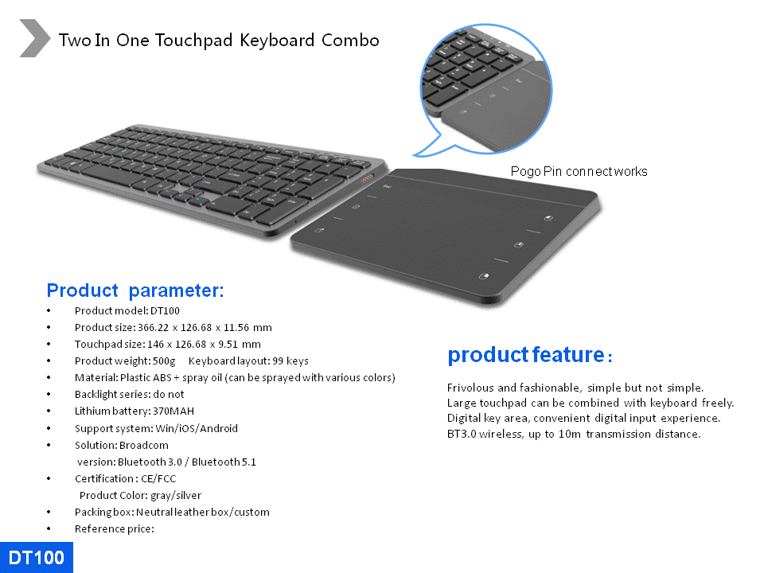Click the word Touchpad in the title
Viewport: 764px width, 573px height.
193,41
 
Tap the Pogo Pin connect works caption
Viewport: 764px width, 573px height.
579,172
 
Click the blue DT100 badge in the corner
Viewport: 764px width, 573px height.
37,557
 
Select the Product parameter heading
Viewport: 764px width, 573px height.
135,290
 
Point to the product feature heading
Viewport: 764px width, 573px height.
530,355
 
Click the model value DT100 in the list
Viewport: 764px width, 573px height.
165,311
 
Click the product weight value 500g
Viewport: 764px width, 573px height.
164,361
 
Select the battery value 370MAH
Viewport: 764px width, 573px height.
173,411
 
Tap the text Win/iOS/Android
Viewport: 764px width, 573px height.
197,428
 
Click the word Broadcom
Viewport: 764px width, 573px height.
144,446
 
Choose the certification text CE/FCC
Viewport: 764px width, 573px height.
158,478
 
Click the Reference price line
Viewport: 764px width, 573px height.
114,528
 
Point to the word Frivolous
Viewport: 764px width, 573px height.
470,388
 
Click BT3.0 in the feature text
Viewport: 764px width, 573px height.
462,435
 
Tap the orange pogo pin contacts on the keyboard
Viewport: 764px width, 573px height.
367,178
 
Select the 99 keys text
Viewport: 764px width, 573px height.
290,361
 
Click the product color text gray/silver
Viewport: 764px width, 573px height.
176,496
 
